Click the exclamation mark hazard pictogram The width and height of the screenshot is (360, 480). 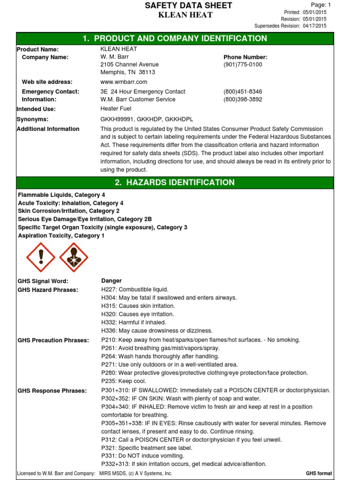pos(41,257)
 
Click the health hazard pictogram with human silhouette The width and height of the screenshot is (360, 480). pos(74,257)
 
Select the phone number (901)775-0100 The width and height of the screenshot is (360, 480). pos(243,65)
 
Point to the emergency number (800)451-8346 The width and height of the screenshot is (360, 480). pos(243,92)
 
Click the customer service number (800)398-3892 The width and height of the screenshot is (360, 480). pos(243,100)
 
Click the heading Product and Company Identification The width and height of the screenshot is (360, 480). pos(175,39)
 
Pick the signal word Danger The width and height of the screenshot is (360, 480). pos(112,281)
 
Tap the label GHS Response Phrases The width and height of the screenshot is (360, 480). pos(52,391)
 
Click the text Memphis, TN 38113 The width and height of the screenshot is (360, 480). pos(128,73)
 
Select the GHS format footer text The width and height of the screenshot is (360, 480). pos(319,474)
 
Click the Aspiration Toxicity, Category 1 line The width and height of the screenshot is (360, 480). pos(61,236)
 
